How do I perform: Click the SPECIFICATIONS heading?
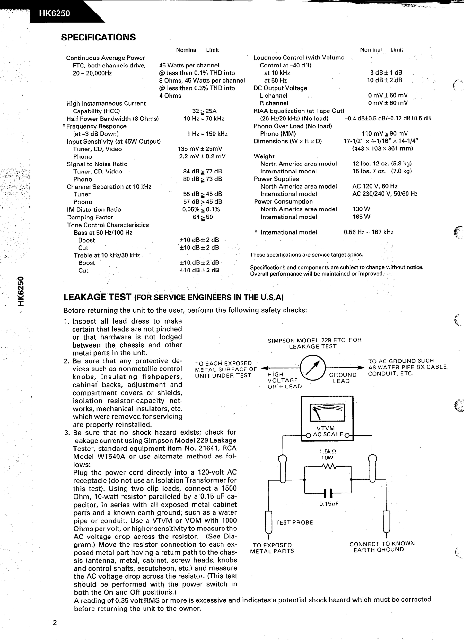[x=98, y=38]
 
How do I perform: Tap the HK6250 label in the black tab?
[x=55, y=14]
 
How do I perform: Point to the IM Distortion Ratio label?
[x=94, y=209]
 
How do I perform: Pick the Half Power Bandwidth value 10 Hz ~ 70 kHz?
[x=204, y=119]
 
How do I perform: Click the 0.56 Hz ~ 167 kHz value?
[x=368, y=232]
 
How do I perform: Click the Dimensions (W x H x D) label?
[x=288, y=141]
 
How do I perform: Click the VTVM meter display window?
[x=327, y=413]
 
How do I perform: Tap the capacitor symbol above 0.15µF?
[x=328, y=493]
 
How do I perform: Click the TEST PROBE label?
[x=294, y=523]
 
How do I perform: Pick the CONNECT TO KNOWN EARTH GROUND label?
[x=382, y=547]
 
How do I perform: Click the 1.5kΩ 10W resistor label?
[x=328, y=454]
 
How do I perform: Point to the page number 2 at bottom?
[x=55, y=623]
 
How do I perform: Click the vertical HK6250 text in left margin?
[x=21, y=291]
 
